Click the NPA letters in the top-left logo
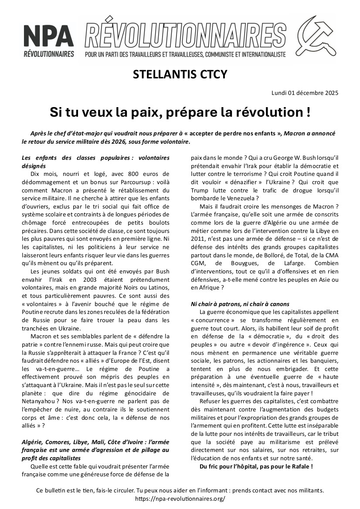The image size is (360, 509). [48, 35]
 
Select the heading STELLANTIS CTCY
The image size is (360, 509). [180, 74]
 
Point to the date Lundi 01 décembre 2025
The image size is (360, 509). [305, 92]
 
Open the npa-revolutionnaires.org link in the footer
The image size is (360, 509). [180, 499]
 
